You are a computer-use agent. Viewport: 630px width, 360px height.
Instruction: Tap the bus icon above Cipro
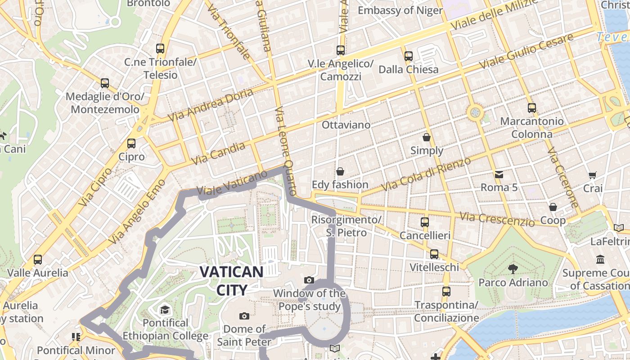pos(131,144)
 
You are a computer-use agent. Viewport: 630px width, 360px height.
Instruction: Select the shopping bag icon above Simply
pos(426,137)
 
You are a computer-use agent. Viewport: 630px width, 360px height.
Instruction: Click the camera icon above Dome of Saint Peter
pos(244,316)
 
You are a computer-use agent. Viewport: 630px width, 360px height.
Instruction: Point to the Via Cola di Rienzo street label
pos(426,174)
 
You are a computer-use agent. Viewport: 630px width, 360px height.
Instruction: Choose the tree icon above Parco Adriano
pos(513,269)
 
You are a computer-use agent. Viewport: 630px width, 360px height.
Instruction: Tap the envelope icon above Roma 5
pos(499,174)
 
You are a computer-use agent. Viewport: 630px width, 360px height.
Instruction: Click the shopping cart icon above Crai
pos(593,175)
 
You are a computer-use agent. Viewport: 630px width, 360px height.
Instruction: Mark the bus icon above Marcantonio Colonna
pos(532,108)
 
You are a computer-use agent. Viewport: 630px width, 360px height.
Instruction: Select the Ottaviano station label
pos(346,125)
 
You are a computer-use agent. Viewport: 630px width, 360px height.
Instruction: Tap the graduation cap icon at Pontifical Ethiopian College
pos(165,310)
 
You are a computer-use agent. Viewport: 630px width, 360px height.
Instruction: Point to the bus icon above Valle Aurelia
pos(38,260)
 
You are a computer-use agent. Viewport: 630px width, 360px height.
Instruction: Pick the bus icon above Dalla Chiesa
pos(408,56)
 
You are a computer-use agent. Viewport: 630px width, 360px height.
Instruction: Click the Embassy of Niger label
pos(400,10)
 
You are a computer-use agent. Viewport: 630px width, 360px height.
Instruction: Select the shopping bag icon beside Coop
pos(553,207)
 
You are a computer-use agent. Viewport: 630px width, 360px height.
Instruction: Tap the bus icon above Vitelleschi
pos(434,254)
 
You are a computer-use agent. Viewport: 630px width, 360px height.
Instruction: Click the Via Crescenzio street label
pos(497,219)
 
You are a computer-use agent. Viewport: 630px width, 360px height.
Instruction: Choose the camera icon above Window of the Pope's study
pos(309,280)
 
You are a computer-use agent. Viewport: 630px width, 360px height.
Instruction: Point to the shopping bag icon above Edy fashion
pos(340,171)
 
